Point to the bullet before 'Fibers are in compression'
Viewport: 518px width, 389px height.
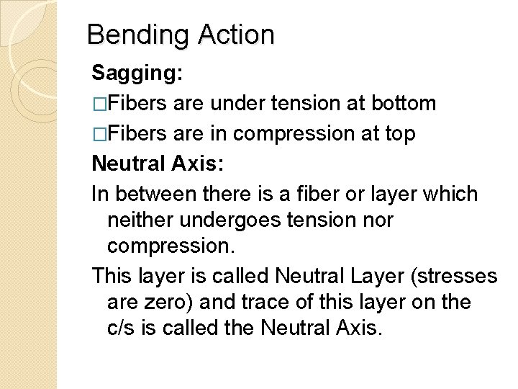click(x=99, y=135)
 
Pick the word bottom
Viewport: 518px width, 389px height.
click(x=402, y=104)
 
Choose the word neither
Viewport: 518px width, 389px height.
click(x=142, y=220)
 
